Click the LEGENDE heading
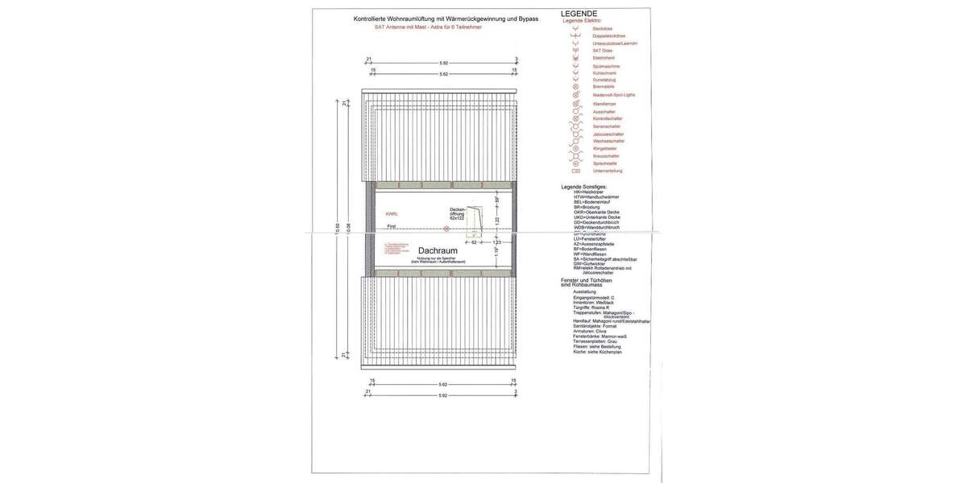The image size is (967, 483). [579, 14]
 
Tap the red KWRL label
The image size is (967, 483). [392, 214]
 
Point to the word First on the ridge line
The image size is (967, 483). [391, 227]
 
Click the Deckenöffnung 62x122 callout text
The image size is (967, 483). [457, 213]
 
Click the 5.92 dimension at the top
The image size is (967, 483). [443, 64]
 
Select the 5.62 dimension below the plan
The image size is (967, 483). [443, 385]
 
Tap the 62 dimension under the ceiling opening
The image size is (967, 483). [475, 242]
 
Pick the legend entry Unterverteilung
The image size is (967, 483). [607, 171]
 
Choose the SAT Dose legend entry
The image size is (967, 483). [602, 51]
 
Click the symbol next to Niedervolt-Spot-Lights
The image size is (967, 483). [575, 95]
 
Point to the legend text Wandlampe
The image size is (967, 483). [604, 104]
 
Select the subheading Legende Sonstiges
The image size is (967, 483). [589, 186]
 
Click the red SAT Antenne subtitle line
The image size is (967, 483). [429, 27]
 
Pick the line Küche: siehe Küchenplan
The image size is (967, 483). [597, 352]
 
